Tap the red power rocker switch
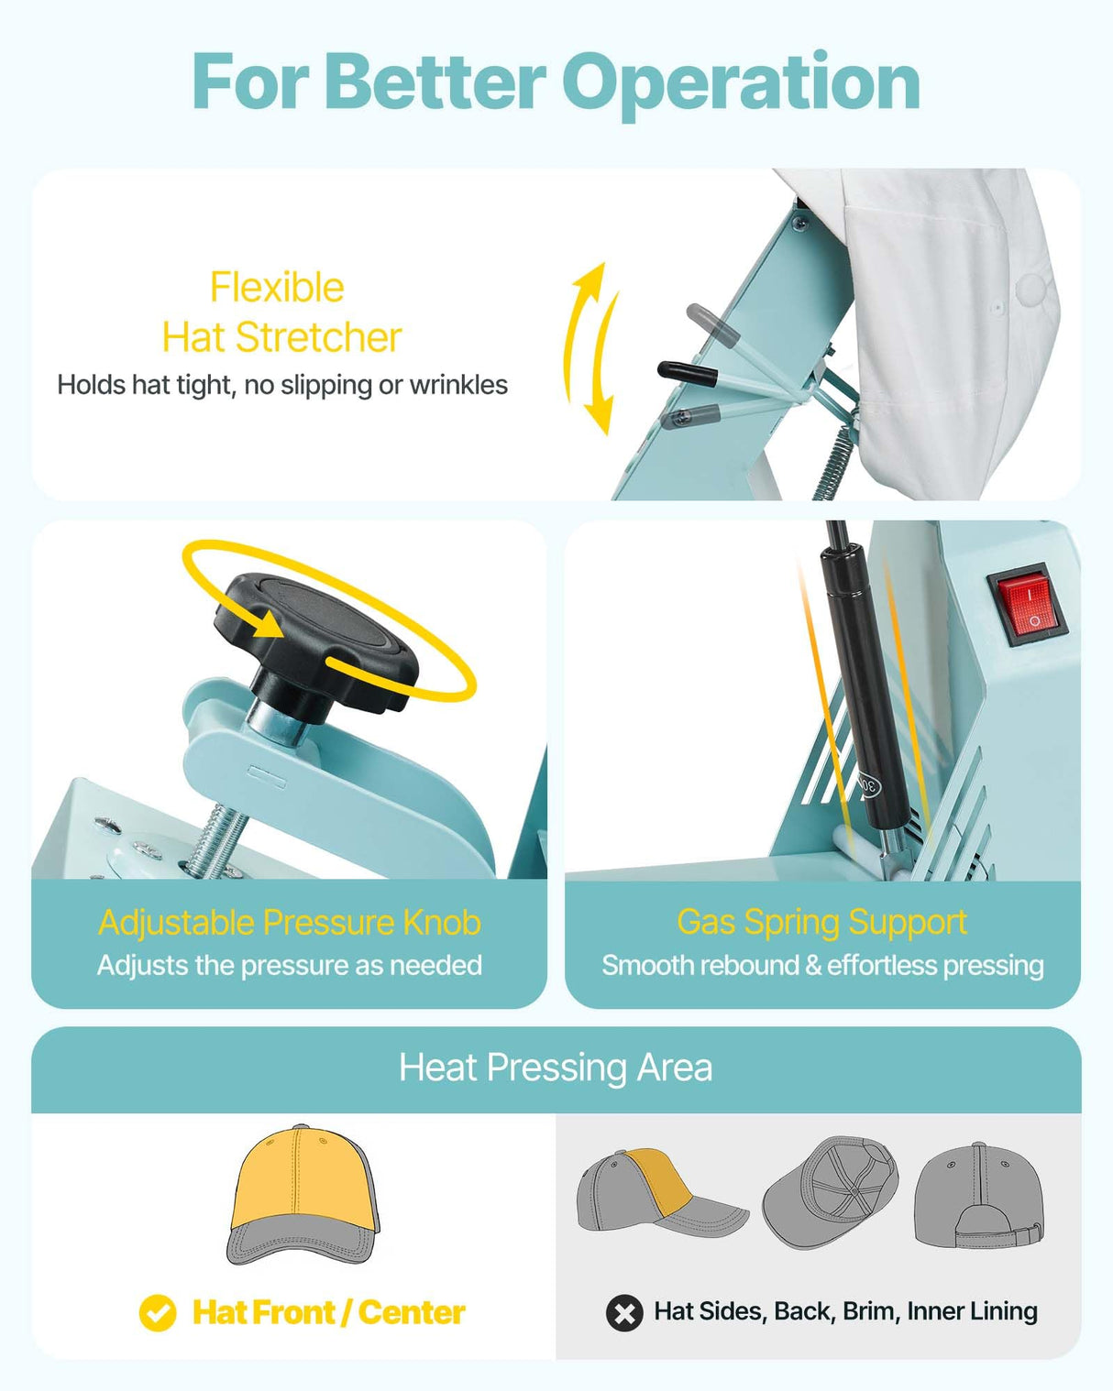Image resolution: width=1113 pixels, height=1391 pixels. coord(1027,605)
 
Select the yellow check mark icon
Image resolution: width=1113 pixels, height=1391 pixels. coord(158,1312)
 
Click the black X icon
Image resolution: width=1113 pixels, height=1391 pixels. coord(624,1313)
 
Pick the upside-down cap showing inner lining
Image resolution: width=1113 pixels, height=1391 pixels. coord(829,1191)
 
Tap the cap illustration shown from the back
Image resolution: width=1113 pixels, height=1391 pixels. coord(978,1196)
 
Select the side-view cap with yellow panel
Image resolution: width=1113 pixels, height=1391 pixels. coord(660,1191)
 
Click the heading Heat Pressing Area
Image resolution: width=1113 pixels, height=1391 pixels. coord(556,1068)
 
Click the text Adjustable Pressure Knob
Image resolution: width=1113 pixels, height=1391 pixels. coord(289,923)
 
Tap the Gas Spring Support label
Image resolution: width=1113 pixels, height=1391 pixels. coord(821,922)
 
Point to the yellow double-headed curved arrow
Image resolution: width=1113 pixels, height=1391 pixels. coord(590,348)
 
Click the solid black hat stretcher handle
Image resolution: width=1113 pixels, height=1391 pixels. coord(687,372)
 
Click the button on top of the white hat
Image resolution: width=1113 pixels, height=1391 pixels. coord(1032,289)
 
